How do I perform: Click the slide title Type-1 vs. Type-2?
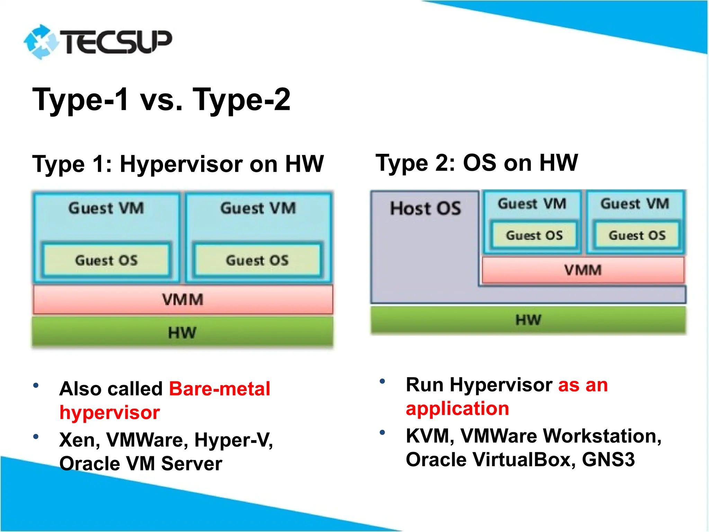[161, 99]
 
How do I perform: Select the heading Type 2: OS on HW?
[477, 162]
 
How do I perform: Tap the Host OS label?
[425, 209]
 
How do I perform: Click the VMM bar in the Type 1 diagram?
[183, 300]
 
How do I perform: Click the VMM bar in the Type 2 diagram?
[583, 270]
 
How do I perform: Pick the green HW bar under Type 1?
[182, 332]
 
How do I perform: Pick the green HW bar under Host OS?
[528, 320]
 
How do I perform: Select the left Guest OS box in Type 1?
[106, 260]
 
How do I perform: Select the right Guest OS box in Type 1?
[257, 260]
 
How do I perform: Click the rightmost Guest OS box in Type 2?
[637, 236]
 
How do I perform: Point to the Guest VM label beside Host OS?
[532, 204]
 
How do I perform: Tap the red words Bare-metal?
[219, 389]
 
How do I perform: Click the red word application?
[457, 408]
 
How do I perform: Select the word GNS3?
[608, 460]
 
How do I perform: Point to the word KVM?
[427, 436]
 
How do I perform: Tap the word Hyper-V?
[234, 440]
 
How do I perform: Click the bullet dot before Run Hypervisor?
[382, 381]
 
